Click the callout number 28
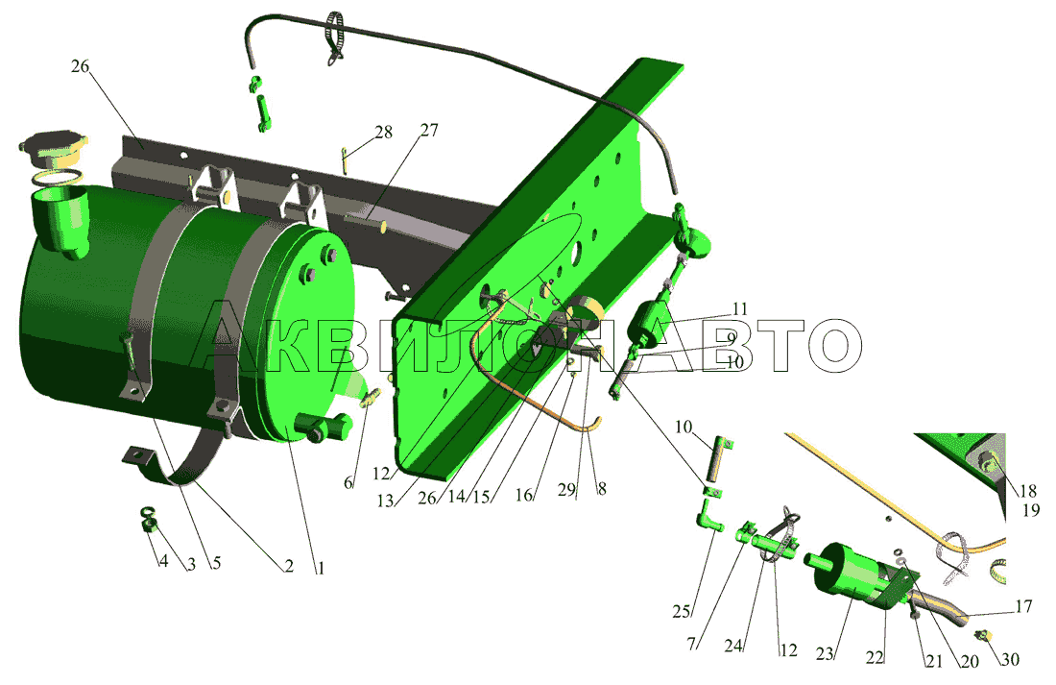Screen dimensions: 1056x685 point(383,133)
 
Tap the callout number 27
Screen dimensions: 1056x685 point(429,130)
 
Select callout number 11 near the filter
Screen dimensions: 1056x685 point(739,309)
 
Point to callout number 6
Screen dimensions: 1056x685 point(348,482)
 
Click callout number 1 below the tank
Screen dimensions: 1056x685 point(321,568)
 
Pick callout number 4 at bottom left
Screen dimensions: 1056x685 point(163,560)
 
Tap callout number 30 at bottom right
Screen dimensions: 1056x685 point(1010,659)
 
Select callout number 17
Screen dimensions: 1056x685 point(1023,607)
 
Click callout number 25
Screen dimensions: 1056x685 point(681,612)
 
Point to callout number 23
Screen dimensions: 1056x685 point(825,653)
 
